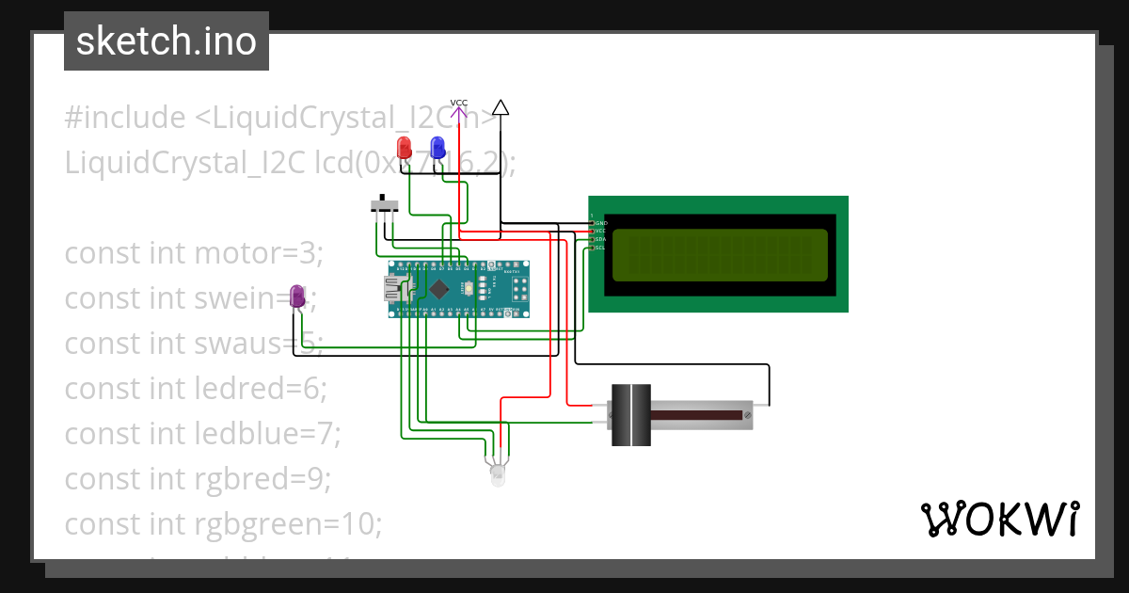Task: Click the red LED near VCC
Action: coord(404,148)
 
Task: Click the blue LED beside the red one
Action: coord(437,148)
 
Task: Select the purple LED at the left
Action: coord(297,296)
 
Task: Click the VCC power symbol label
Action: coord(459,104)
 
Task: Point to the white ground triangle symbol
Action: coord(501,108)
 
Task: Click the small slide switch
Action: coord(382,204)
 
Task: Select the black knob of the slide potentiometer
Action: coord(630,415)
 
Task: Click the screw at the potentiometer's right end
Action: coord(747,414)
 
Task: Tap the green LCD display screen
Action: coord(721,255)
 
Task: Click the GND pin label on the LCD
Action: coord(599,223)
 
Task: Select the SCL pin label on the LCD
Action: coord(599,248)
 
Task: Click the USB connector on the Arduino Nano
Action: coord(392,289)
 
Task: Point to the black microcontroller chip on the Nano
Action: coord(440,288)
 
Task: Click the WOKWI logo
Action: coord(999,520)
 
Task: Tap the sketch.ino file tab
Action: coord(166,41)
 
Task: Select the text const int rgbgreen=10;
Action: coord(223,521)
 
